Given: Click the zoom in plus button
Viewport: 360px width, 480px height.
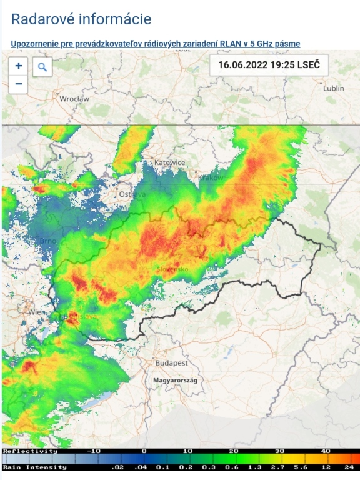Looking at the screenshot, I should [19, 66].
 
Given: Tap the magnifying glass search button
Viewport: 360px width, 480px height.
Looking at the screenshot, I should [42, 67].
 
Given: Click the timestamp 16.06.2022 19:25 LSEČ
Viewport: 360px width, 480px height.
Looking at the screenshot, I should [269, 64].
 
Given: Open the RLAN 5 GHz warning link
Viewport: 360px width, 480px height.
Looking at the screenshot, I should [156, 44].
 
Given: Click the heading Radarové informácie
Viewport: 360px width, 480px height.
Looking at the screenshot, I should [81, 19].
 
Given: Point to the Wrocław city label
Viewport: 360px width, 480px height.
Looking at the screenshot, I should [74, 99].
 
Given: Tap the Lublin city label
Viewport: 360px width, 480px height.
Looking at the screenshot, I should [333, 88].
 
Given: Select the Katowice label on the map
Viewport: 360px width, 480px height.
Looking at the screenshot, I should [170, 162].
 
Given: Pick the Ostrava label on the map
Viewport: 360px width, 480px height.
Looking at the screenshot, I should [132, 194].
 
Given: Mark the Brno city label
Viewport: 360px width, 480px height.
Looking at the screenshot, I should [48, 241].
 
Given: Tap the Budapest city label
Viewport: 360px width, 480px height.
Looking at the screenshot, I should [172, 362].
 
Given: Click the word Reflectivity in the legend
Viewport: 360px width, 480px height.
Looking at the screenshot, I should [30, 451].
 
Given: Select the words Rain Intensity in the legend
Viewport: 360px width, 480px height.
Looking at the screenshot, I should [35, 467].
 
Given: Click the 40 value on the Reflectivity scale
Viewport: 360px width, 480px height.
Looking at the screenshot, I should [326, 451].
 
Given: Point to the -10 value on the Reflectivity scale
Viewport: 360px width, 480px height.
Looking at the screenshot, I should [94, 451].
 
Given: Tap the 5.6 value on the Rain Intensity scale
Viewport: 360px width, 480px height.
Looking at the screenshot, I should [302, 467].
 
